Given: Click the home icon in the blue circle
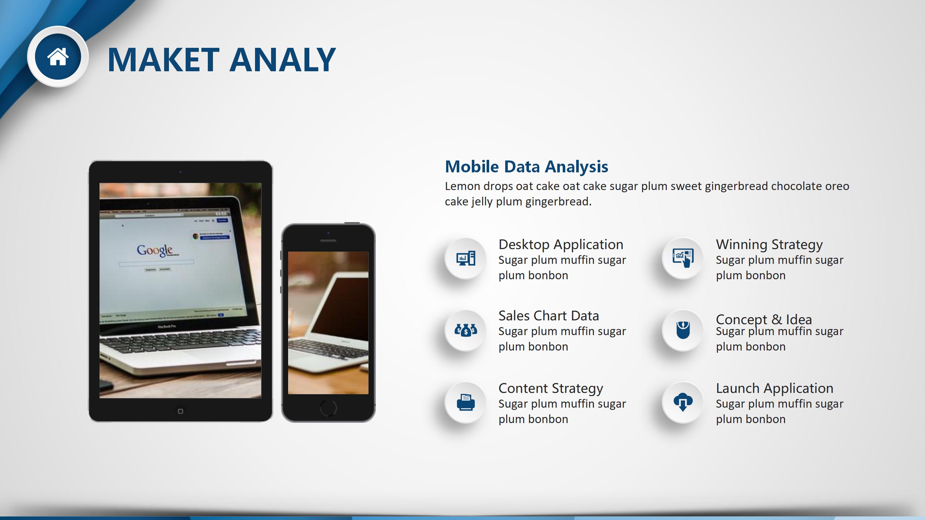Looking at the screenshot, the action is tap(58, 57).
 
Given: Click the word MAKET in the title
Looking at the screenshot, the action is tap(163, 60).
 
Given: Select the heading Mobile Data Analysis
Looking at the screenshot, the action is tap(526, 167).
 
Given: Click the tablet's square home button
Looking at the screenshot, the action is tap(180, 411).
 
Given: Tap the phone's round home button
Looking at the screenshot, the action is tap(328, 408).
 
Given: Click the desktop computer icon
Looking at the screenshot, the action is tap(466, 258).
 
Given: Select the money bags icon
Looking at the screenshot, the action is tap(466, 329).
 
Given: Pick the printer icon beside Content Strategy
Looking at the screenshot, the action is tap(466, 402).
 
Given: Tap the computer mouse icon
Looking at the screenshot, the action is tap(683, 330).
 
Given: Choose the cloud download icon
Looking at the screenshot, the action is tap(683, 402).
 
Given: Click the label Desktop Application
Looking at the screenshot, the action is tap(561, 245).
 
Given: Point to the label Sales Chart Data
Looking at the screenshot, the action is tap(549, 316).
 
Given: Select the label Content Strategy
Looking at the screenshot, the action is tap(551, 389).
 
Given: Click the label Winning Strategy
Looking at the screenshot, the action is tap(769, 245).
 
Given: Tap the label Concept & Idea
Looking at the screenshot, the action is tap(764, 319).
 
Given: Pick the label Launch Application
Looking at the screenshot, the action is tap(775, 389).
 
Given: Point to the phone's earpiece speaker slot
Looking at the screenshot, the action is tap(328, 241).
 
